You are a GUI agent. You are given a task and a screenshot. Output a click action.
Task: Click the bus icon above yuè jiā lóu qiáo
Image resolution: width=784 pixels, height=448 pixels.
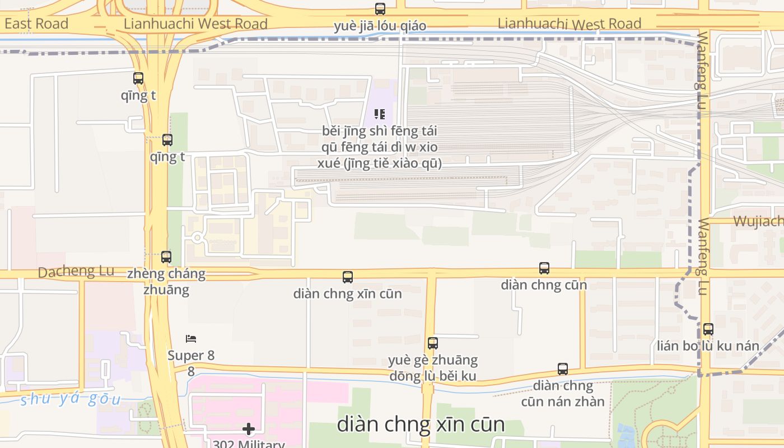[x=380, y=9]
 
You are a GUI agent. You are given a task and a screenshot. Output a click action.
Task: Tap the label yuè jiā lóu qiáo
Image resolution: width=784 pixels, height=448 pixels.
[x=380, y=26]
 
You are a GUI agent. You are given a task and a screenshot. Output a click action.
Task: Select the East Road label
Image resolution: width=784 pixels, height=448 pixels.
[x=36, y=24]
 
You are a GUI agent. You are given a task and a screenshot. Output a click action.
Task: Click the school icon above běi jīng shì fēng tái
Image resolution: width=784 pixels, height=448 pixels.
[x=380, y=114]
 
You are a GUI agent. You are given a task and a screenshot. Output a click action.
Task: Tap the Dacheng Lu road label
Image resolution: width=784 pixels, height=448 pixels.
[x=76, y=272]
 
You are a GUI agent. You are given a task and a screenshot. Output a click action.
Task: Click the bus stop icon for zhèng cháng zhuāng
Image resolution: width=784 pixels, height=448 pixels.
[x=166, y=257]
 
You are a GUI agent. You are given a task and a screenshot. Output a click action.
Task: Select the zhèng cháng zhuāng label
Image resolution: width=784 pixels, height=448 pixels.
[x=166, y=282]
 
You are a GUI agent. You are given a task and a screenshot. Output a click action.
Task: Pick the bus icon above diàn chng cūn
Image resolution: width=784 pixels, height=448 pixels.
[x=544, y=268]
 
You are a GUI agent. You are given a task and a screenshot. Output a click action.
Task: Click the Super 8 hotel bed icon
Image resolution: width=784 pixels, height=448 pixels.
[x=191, y=339]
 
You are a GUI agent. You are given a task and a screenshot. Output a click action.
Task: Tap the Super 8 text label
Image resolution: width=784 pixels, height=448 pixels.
[x=191, y=356]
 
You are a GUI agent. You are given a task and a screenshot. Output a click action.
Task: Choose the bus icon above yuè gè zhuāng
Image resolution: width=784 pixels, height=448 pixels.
[x=432, y=343]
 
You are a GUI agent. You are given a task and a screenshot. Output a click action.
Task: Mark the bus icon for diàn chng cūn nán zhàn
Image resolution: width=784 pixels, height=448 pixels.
[x=563, y=369]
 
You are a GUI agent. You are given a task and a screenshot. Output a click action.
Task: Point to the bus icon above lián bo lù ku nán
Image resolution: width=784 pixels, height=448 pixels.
[x=708, y=329]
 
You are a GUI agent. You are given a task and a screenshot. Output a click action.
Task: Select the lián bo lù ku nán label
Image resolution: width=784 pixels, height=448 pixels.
[x=708, y=346]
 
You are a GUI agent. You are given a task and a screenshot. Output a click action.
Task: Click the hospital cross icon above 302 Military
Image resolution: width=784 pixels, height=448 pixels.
[x=249, y=430]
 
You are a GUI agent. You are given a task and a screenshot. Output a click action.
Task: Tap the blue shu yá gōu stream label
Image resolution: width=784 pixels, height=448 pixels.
[x=70, y=399]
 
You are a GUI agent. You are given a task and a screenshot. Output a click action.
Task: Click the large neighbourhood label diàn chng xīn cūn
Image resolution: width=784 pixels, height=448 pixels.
[x=421, y=424]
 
